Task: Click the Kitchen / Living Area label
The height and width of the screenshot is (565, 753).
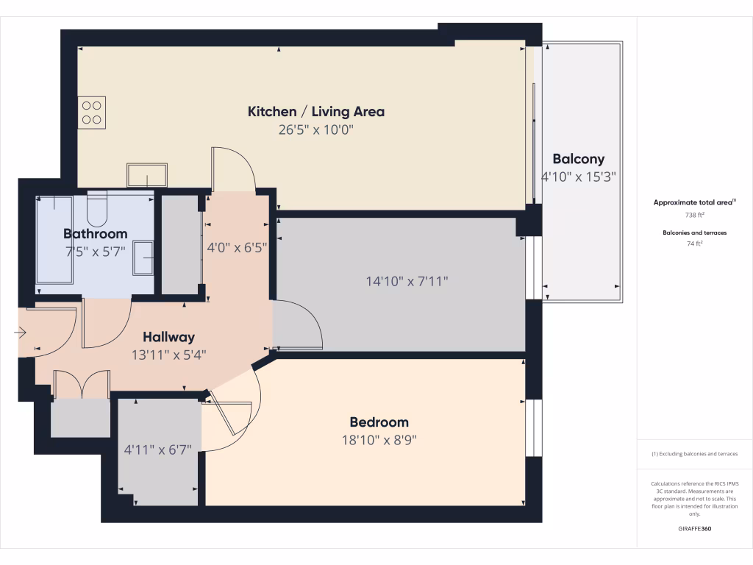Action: (315, 112)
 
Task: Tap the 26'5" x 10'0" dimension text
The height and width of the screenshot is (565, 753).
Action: (315, 130)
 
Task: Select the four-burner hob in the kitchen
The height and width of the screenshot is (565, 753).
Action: (92, 113)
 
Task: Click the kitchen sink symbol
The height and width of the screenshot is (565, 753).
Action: (146, 175)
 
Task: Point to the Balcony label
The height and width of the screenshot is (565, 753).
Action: (578, 159)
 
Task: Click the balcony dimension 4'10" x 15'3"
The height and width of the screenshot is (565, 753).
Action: (578, 177)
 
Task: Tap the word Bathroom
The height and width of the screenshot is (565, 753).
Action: (95, 234)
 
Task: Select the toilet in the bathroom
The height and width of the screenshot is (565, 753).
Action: (97, 209)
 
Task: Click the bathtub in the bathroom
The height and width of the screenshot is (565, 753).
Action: (54, 239)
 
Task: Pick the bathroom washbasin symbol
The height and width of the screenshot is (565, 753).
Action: (144, 257)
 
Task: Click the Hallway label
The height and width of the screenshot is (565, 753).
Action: (168, 337)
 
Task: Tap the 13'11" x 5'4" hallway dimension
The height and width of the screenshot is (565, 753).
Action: (168, 355)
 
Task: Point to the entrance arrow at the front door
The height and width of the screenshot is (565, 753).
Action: (20, 333)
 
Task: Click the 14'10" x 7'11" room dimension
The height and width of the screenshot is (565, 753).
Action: (407, 281)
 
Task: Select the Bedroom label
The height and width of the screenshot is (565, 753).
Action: (379, 422)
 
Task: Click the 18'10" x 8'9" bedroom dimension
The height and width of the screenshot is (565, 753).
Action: (379, 441)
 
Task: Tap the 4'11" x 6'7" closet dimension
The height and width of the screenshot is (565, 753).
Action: (158, 449)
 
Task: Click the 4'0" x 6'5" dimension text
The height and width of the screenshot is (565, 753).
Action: (237, 248)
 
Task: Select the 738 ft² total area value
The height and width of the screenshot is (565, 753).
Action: (695, 215)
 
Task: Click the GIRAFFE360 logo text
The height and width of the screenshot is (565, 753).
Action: (695, 529)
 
